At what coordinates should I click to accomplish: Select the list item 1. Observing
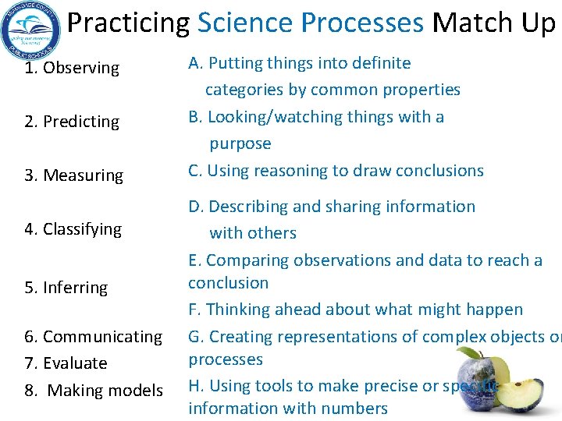click(72, 68)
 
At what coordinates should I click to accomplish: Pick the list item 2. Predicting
click(72, 122)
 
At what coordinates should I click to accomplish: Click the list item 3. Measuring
click(73, 175)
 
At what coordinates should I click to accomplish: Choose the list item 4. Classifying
click(73, 229)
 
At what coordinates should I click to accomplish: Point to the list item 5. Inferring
click(66, 288)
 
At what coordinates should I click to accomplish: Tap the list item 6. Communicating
click(93, 337)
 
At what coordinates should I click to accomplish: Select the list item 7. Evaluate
click(66, 363)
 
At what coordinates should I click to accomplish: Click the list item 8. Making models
click(94, 390)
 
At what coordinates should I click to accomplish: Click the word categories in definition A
click(244, 90)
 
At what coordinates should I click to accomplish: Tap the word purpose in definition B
click(240, 143)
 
